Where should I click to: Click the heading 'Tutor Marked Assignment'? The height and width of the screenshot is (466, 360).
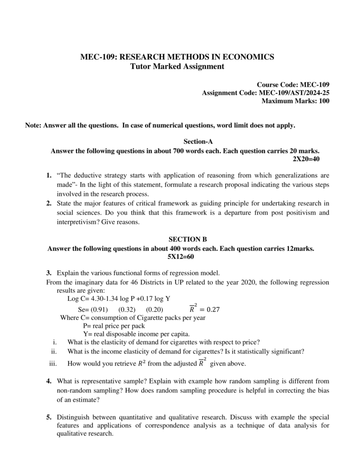[x=177, y=67]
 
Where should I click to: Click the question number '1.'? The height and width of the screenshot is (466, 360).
[x=48, y=175]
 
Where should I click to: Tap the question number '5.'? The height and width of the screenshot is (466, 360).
[x=48, y=417]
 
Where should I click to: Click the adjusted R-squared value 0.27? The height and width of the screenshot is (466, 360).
[x=213, y=309]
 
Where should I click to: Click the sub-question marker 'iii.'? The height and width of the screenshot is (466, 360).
[x=54, y=364]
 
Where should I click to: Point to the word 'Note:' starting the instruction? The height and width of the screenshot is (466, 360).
[x=33, y=125]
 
